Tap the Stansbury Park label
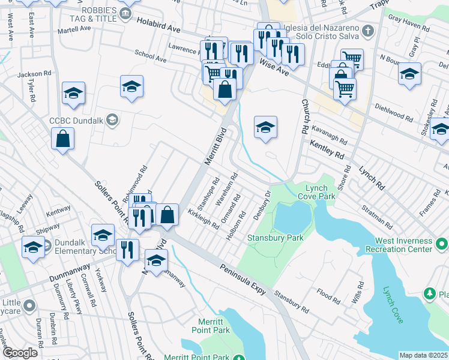276,238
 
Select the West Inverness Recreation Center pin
442,244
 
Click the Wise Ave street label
274,66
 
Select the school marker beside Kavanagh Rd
265,128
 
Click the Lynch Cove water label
393,304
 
